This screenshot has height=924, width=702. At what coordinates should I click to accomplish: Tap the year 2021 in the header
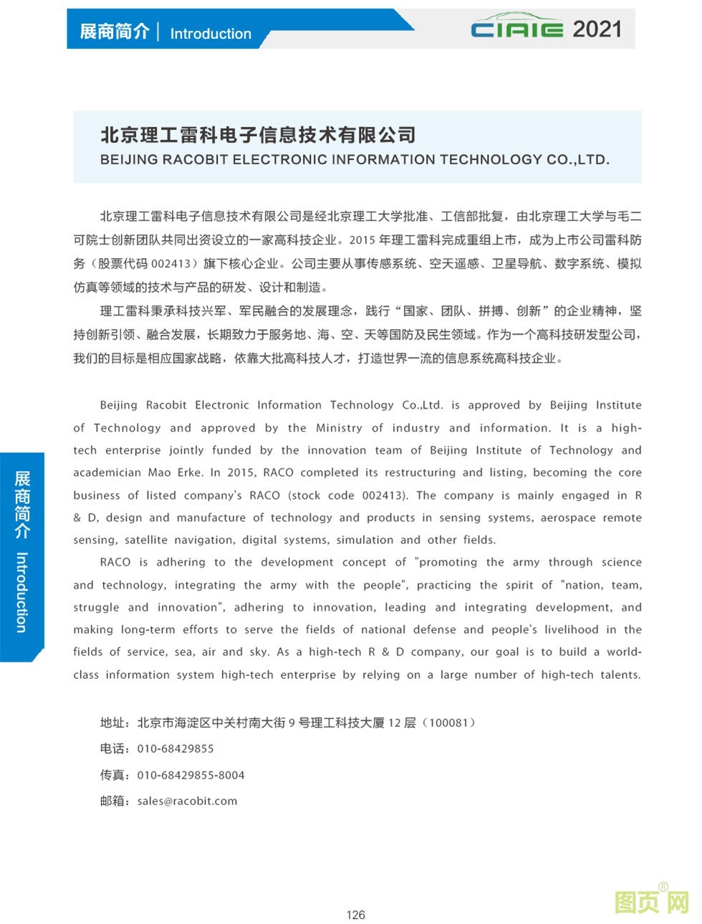(x=597, y=29)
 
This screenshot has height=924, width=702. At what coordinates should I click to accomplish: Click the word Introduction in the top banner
(x=211, y=34)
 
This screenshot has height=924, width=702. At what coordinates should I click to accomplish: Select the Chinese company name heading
(x=258, y=135)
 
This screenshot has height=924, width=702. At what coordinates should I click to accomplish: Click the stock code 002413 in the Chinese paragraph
(x=171, y=264)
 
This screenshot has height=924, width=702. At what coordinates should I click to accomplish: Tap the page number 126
(x=355, y=915)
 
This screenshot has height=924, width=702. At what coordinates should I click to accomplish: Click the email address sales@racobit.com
(x=187, y=801)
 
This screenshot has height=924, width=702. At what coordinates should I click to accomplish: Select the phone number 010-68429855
(x=175, y=749)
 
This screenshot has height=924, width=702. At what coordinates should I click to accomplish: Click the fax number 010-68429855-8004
(x=191, y=776)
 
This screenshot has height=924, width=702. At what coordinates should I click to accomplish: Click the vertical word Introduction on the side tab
(x=22, y=591)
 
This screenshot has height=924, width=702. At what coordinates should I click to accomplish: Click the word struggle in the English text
(x=96, y=607)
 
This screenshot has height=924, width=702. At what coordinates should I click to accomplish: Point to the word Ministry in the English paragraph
(x=339, y=428)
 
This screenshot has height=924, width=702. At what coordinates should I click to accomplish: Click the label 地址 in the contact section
(x=113, y=723)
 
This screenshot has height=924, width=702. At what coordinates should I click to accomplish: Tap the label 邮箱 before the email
(x=113, y=801)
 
